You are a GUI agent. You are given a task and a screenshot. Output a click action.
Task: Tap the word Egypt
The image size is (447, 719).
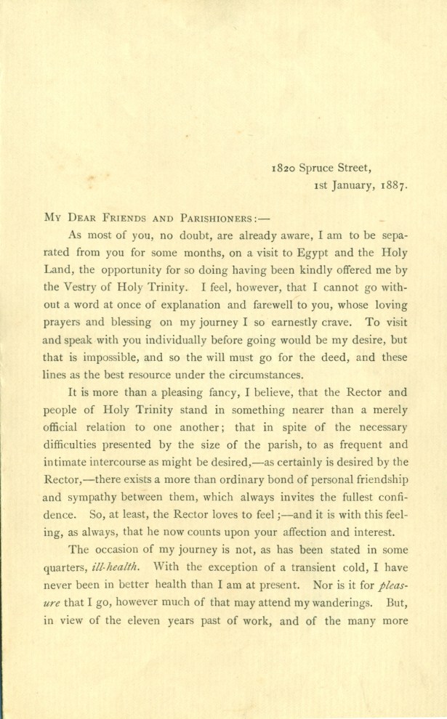coord(321,251)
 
